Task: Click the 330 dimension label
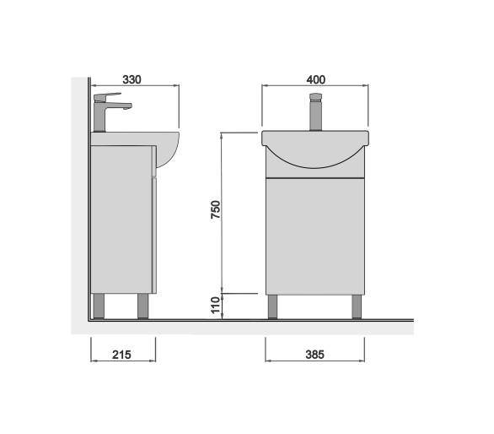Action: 132,80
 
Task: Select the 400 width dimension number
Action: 315,80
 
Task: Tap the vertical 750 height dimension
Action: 216,209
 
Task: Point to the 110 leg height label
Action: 216,305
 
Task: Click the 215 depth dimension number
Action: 121,355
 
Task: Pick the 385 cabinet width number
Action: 314,355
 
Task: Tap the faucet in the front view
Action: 315,111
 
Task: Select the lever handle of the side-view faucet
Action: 107,96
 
